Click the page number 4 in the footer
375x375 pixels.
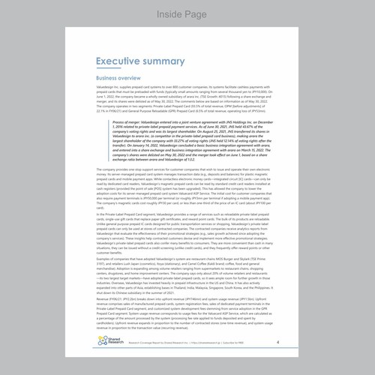coord(277,342)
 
